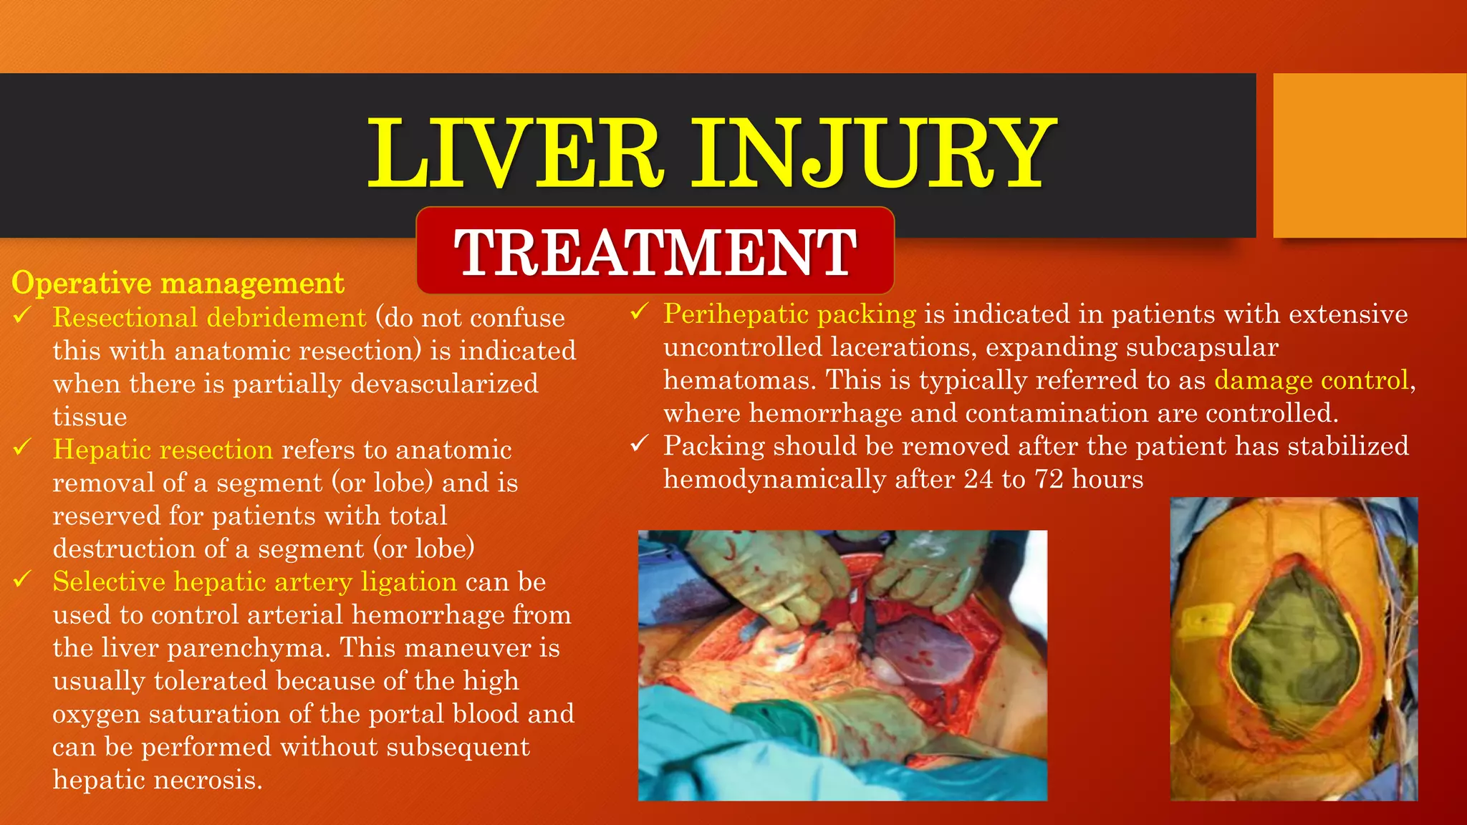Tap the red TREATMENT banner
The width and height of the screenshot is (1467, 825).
click(x=655, y=251)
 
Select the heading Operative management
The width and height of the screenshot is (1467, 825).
click(x=178, y=283)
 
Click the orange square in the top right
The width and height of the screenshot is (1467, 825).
click(x=1369, y=155)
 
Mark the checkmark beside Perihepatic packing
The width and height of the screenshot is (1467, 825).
click(x=639, y=312)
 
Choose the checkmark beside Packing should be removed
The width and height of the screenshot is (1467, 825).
click(x=639, y=444)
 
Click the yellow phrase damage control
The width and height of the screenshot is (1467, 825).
click(x=1312, y=380)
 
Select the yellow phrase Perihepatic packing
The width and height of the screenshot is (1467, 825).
click(x=789, y=314)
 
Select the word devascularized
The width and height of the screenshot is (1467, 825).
click(x=444, y=384)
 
